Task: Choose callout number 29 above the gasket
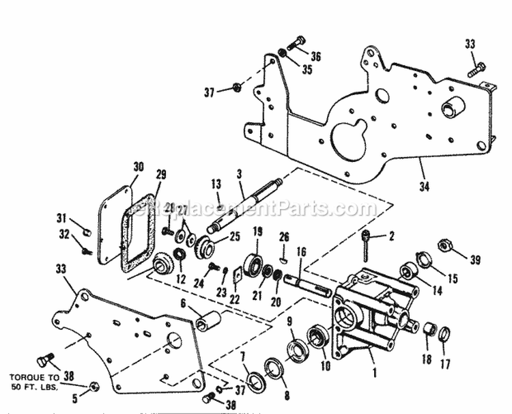tap(161, 175)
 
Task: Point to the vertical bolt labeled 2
tap(367, 250)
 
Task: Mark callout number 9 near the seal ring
tap(289, 321)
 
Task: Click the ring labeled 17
tap(443, 335)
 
